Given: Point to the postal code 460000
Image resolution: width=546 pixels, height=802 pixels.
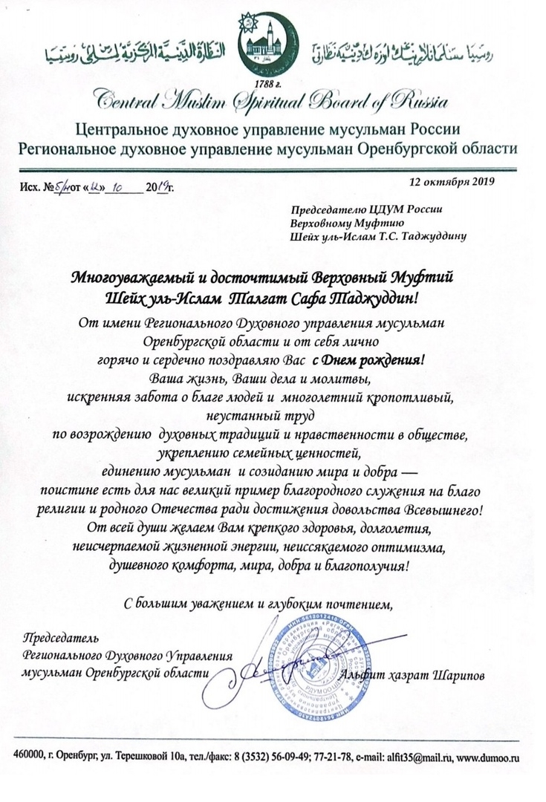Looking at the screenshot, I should pyautogui.click(x=29, y=758).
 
